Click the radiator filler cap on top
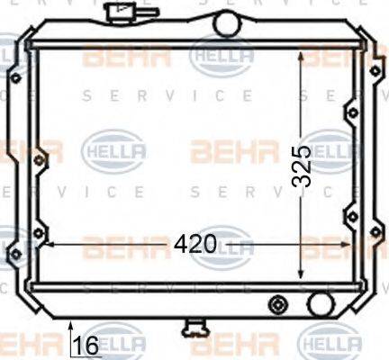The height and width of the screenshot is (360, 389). [117, 14]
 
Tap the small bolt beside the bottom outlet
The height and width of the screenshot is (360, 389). [278, 303]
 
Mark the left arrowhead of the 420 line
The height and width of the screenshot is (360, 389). [46, 243]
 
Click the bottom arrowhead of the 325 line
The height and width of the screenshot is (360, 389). [301, 275]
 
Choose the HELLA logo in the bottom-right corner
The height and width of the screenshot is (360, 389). [330, 345]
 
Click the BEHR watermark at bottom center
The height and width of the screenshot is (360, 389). [230, 345]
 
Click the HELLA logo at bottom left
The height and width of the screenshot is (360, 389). [113, 345]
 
